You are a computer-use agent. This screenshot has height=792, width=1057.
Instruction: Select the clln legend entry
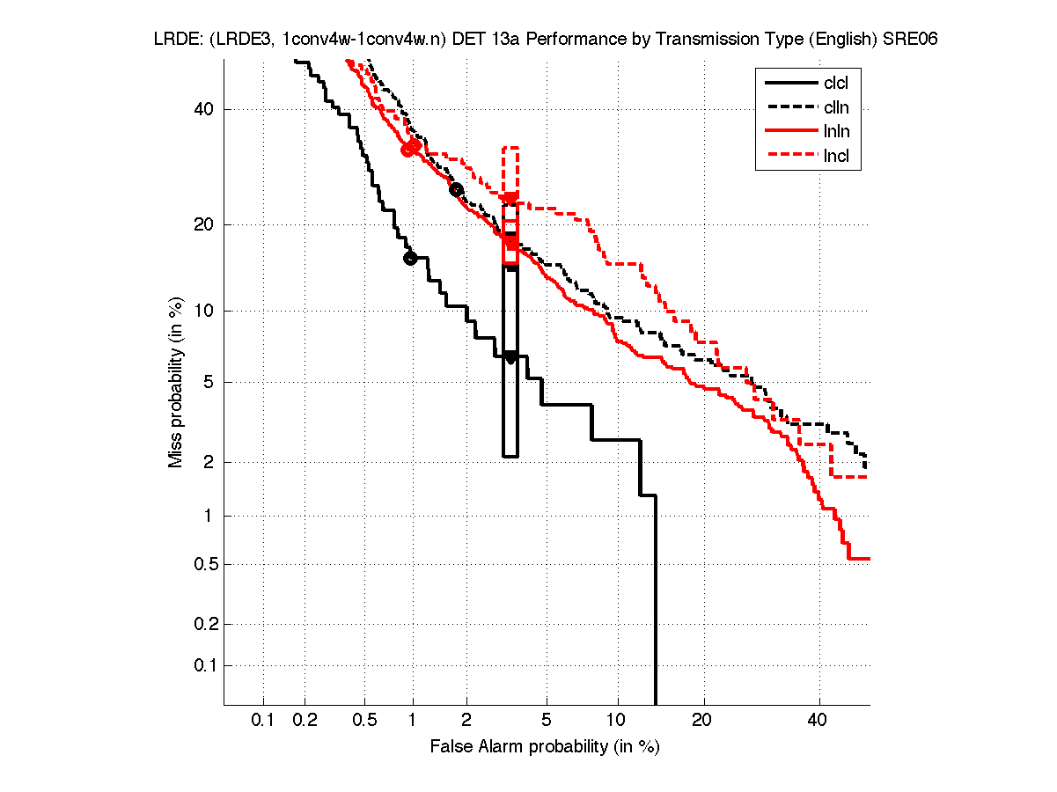(836, 108)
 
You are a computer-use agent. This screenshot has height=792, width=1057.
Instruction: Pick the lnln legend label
(836, 133)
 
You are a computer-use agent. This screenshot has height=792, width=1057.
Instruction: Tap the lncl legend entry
(836, 158)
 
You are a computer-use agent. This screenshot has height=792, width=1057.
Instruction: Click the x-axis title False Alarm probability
(545, 747)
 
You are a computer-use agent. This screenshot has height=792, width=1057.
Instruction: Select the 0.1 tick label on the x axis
(263, 721)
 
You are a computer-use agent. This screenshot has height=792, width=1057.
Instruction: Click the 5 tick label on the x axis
(546, 721)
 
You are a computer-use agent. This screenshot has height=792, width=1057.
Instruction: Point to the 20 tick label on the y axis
(204, 224)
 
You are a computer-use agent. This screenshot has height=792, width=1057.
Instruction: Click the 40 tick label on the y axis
(204, 109)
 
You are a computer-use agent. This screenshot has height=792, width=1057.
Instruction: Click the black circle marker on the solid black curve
(410, 258)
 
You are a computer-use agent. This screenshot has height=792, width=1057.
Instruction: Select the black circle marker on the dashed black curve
(456, 189)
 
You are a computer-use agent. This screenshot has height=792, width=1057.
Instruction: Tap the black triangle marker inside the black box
(510, 357)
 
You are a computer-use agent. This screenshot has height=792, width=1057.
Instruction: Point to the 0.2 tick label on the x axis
(305, 721)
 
